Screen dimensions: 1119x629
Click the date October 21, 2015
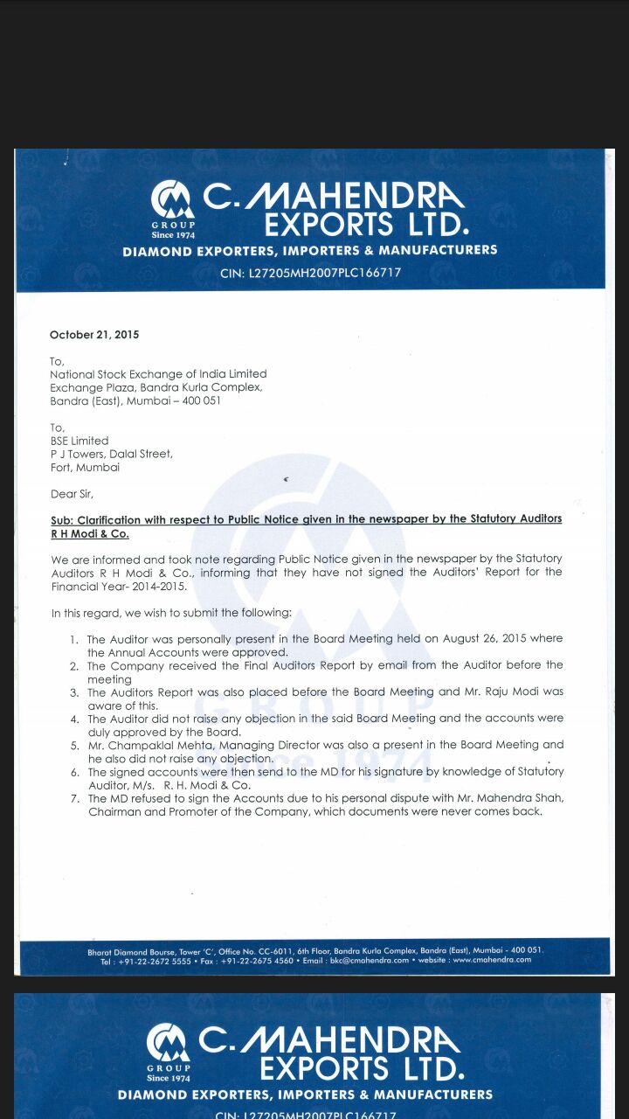(x=94, y=335)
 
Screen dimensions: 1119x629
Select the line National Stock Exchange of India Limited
(x=158, y=374)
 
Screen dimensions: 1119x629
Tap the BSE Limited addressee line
(x=79, y=441)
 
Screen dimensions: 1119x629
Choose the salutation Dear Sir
(x=72, y=494)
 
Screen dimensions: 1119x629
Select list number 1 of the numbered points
(x=74, y=640)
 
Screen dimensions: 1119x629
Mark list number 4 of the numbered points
(x=74, y=719)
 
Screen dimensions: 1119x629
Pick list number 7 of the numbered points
(x=74, y=798)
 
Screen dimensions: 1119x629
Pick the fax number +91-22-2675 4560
(x=257, y=959)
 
